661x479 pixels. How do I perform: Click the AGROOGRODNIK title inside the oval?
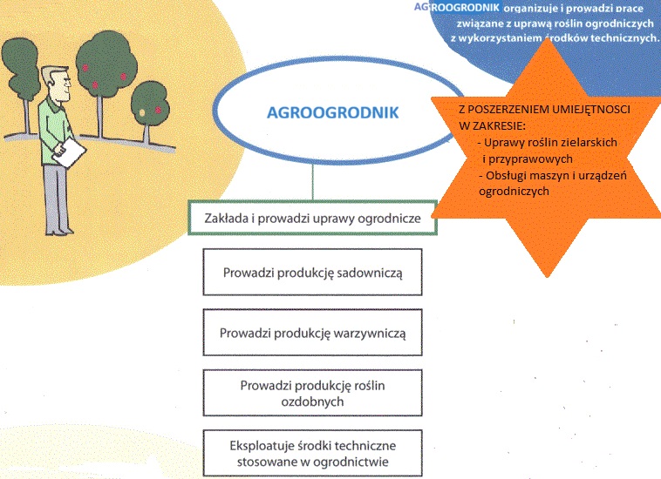[332, 113]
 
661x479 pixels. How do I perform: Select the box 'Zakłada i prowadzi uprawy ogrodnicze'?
[312, 218]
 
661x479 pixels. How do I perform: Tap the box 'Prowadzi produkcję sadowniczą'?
[312, 272]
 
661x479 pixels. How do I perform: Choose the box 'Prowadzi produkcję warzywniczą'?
[312, 333]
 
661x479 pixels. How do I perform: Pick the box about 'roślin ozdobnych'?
[312, 393]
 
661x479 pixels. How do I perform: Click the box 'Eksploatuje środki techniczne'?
[312, 453]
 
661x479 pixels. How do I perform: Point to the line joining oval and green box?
[313, 182]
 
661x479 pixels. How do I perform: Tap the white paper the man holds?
[69, 152]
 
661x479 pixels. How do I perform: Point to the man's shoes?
[60, 232]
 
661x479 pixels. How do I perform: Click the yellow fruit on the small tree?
[142, 112]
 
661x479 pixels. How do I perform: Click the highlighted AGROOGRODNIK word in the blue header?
[457, 7]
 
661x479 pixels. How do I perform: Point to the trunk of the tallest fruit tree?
[100, 116]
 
